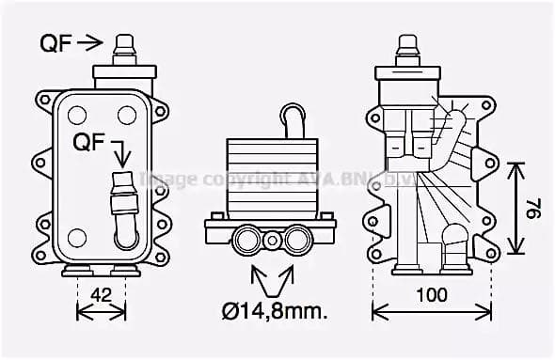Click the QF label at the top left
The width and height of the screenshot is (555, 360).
click(x=55, y=42)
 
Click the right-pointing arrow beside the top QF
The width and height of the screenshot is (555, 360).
click(x=90, y=42)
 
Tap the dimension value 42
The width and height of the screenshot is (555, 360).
click(x=101, y=295)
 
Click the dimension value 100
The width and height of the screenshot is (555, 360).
click(x=432, y=295)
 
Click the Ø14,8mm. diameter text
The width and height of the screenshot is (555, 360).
click(x=275, y=311)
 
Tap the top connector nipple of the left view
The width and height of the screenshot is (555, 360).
click(x=123, y=46)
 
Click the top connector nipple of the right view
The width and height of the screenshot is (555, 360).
click(x=407, y=47)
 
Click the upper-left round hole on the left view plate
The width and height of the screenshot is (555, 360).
click(x=77, y=115)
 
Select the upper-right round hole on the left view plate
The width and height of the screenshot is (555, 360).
click(x=127, y=115)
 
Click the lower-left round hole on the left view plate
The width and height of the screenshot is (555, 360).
click(x=77, y=237)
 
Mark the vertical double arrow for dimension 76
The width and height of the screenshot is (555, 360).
click(x=514, y=208)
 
